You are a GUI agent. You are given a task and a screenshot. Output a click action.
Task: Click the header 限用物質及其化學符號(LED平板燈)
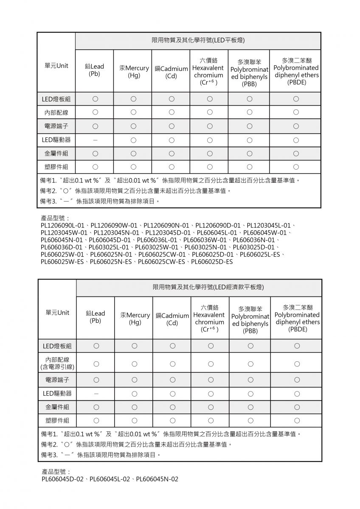pyautogui.click(x=198, y=40)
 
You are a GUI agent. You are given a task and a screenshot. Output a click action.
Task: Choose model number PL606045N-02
pyautogui.click(x=157, y=479)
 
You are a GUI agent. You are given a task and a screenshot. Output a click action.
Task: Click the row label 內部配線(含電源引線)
pyautogui.click(x=57, y=364)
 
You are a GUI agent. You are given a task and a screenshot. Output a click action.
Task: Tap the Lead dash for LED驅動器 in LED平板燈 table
pyautogui.click(x=95, y=140)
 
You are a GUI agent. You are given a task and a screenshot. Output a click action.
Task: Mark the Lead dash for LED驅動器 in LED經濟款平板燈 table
pyautogui.click(x=96, y=394)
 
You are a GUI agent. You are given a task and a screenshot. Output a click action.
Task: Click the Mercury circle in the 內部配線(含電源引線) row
pyautogui.click(x=135, y=364)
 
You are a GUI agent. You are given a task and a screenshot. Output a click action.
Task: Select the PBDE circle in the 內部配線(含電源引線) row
pyautogui.click(x=297, y=364)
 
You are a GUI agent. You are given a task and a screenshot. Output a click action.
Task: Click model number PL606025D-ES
pyautogui.click(x=212, y=262)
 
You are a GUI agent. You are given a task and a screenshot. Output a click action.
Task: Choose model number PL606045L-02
pyautogui.click(x=110, y=479)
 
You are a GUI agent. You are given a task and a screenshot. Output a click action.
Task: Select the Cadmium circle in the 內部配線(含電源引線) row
pyautogui.click(x=172, y=364)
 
